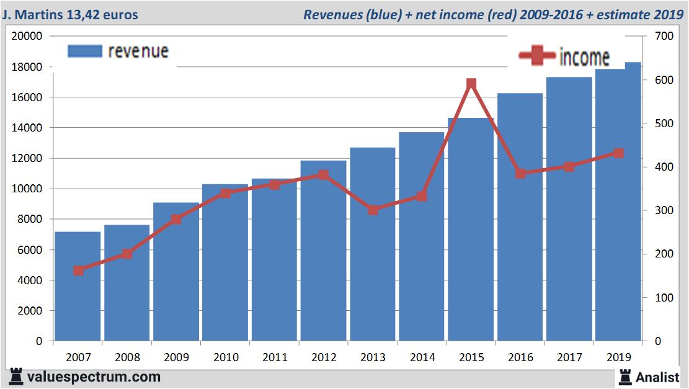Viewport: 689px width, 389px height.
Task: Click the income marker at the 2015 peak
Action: (471, 84)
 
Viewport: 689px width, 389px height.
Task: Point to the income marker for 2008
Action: (127, 254)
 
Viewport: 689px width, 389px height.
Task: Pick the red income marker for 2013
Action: (373, 210)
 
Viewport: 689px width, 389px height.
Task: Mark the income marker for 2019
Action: (618, 153)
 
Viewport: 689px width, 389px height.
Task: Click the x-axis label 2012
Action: (324, 357)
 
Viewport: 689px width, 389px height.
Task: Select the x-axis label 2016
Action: (520, 357)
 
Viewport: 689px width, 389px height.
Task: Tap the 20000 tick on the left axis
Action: (27, 37)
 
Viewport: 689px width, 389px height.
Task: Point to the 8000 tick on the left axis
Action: (30, 219)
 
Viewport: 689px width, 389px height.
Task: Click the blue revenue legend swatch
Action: (84, 51)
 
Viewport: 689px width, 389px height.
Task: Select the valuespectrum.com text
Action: (94, 377)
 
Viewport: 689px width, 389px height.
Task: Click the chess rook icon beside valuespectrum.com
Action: (17, 377)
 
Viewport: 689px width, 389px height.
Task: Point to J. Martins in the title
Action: (37, 14)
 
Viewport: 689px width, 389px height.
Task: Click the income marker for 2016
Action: (520, 173)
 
